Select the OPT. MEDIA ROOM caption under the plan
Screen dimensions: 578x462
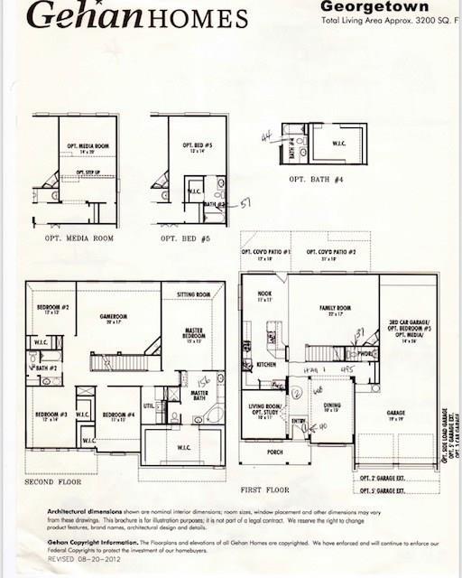click(x=79, y=238)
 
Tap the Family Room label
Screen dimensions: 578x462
click(x=334, y=309)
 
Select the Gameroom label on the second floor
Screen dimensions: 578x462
click(x=114, y=318)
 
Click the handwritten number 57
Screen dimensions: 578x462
click(x=245, y=205)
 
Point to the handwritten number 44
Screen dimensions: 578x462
click(x=266, y=136)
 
